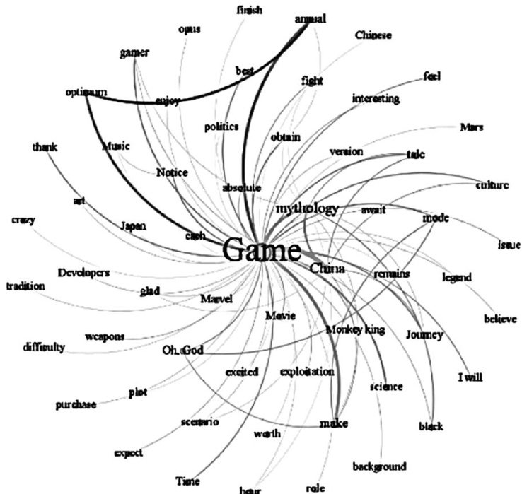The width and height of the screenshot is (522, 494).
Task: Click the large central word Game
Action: click(x=262, y=250)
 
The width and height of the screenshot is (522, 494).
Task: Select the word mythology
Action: click(x=307, y=208)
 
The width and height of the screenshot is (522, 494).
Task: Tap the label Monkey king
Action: click(x=355, y=329)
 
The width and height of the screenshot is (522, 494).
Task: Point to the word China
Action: click(x=327, y=269)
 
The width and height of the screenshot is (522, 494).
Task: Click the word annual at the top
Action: click(x=310, y=19)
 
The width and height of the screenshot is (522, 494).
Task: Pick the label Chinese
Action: click(x=373, y=35)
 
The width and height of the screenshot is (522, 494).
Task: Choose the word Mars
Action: click(x=471, y=127)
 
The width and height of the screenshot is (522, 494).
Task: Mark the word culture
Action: click(x=492, y=186)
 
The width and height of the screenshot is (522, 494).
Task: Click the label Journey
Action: click(x=424, y=335)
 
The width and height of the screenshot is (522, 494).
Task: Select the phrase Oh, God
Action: click(x=183, y=350)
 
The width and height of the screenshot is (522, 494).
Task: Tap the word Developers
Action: click(x=83, y=272)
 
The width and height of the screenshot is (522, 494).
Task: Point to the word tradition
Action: click(x=25, y=286)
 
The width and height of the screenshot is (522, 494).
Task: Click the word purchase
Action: click(x=76, y=405)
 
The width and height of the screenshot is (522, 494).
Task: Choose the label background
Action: click(x=379, y=466)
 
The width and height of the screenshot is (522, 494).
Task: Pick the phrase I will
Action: click(x=470, y=377)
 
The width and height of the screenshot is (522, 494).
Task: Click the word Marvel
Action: click(x=216, y=299)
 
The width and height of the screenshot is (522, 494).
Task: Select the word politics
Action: click(x=221, y=127)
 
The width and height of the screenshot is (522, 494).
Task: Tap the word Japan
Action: click(x=132, y=226)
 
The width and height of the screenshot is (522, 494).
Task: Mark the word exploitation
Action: click(x=306, y=372)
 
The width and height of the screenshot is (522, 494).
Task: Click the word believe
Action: click(x=500, y=319)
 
